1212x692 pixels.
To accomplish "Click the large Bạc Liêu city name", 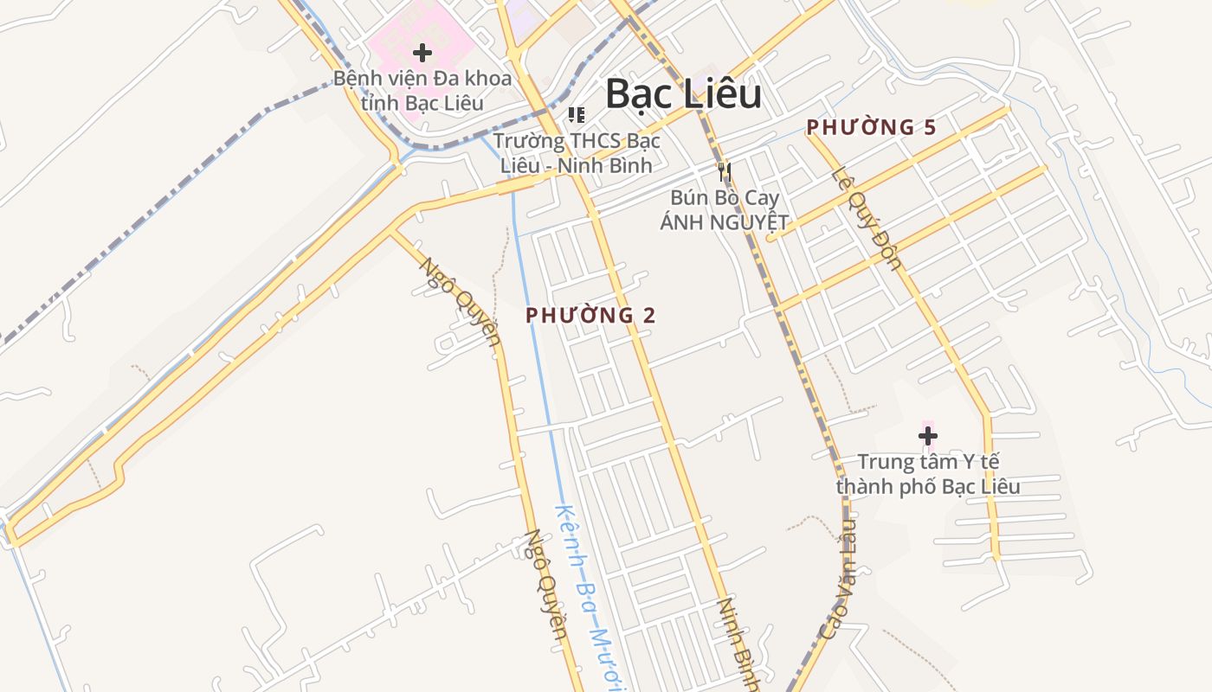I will point(683,94).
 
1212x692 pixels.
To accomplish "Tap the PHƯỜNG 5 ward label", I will point(871,127).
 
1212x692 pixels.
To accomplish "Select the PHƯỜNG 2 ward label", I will point(590,316).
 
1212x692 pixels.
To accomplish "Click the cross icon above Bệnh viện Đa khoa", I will point(422,53).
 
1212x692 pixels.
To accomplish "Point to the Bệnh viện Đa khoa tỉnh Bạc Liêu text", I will point(422,90).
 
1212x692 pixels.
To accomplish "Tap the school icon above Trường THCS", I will point(576,115).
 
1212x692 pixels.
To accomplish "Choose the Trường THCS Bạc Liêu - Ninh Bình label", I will point(577,152).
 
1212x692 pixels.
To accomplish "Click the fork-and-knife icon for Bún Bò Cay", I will point(725,172).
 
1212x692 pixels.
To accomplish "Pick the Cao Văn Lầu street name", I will point(836,580).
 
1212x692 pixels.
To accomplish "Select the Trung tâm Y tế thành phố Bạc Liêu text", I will point(928,474).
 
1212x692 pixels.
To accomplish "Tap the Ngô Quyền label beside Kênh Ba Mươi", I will point(545,585).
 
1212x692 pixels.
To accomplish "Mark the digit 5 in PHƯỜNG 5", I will point(930,127).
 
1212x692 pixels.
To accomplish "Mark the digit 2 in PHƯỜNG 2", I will point(648,316).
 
